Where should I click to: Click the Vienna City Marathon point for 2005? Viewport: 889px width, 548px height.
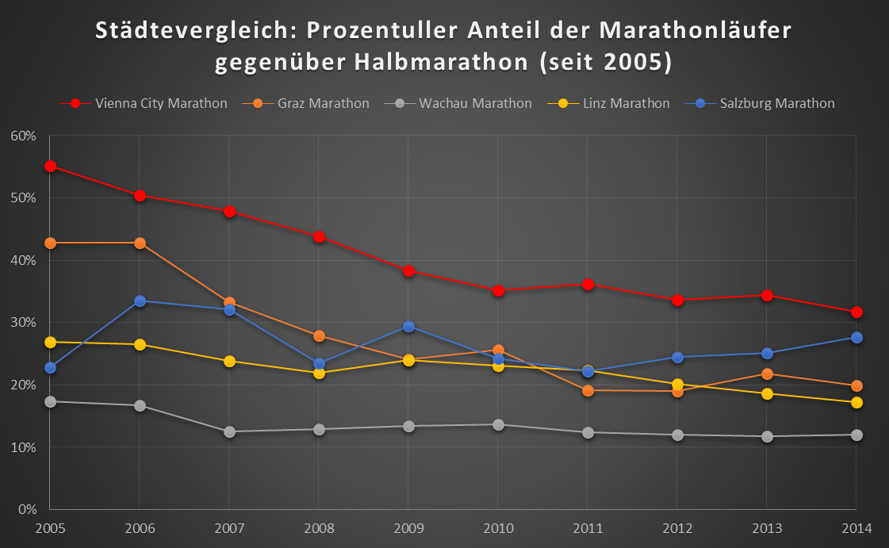click(50, 167)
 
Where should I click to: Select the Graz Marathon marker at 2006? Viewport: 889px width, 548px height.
click(140, 243)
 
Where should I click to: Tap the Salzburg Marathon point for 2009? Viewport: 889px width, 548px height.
click(408, 327)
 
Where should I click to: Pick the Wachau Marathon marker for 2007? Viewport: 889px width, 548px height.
click(229, 432)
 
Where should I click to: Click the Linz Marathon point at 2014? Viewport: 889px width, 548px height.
click(856, 403)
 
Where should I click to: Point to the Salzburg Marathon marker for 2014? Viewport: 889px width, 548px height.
click(856, 338)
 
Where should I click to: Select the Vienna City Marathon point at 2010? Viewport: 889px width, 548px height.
click(498, 290)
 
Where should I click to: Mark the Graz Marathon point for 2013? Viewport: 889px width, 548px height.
click(767, 374)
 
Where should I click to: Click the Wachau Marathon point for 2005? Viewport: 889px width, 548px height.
click(50, 402)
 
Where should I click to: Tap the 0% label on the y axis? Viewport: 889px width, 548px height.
click(28, 510)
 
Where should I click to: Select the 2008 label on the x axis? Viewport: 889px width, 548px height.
click(319, 528)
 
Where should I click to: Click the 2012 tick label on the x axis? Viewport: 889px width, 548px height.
click(677, 528)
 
